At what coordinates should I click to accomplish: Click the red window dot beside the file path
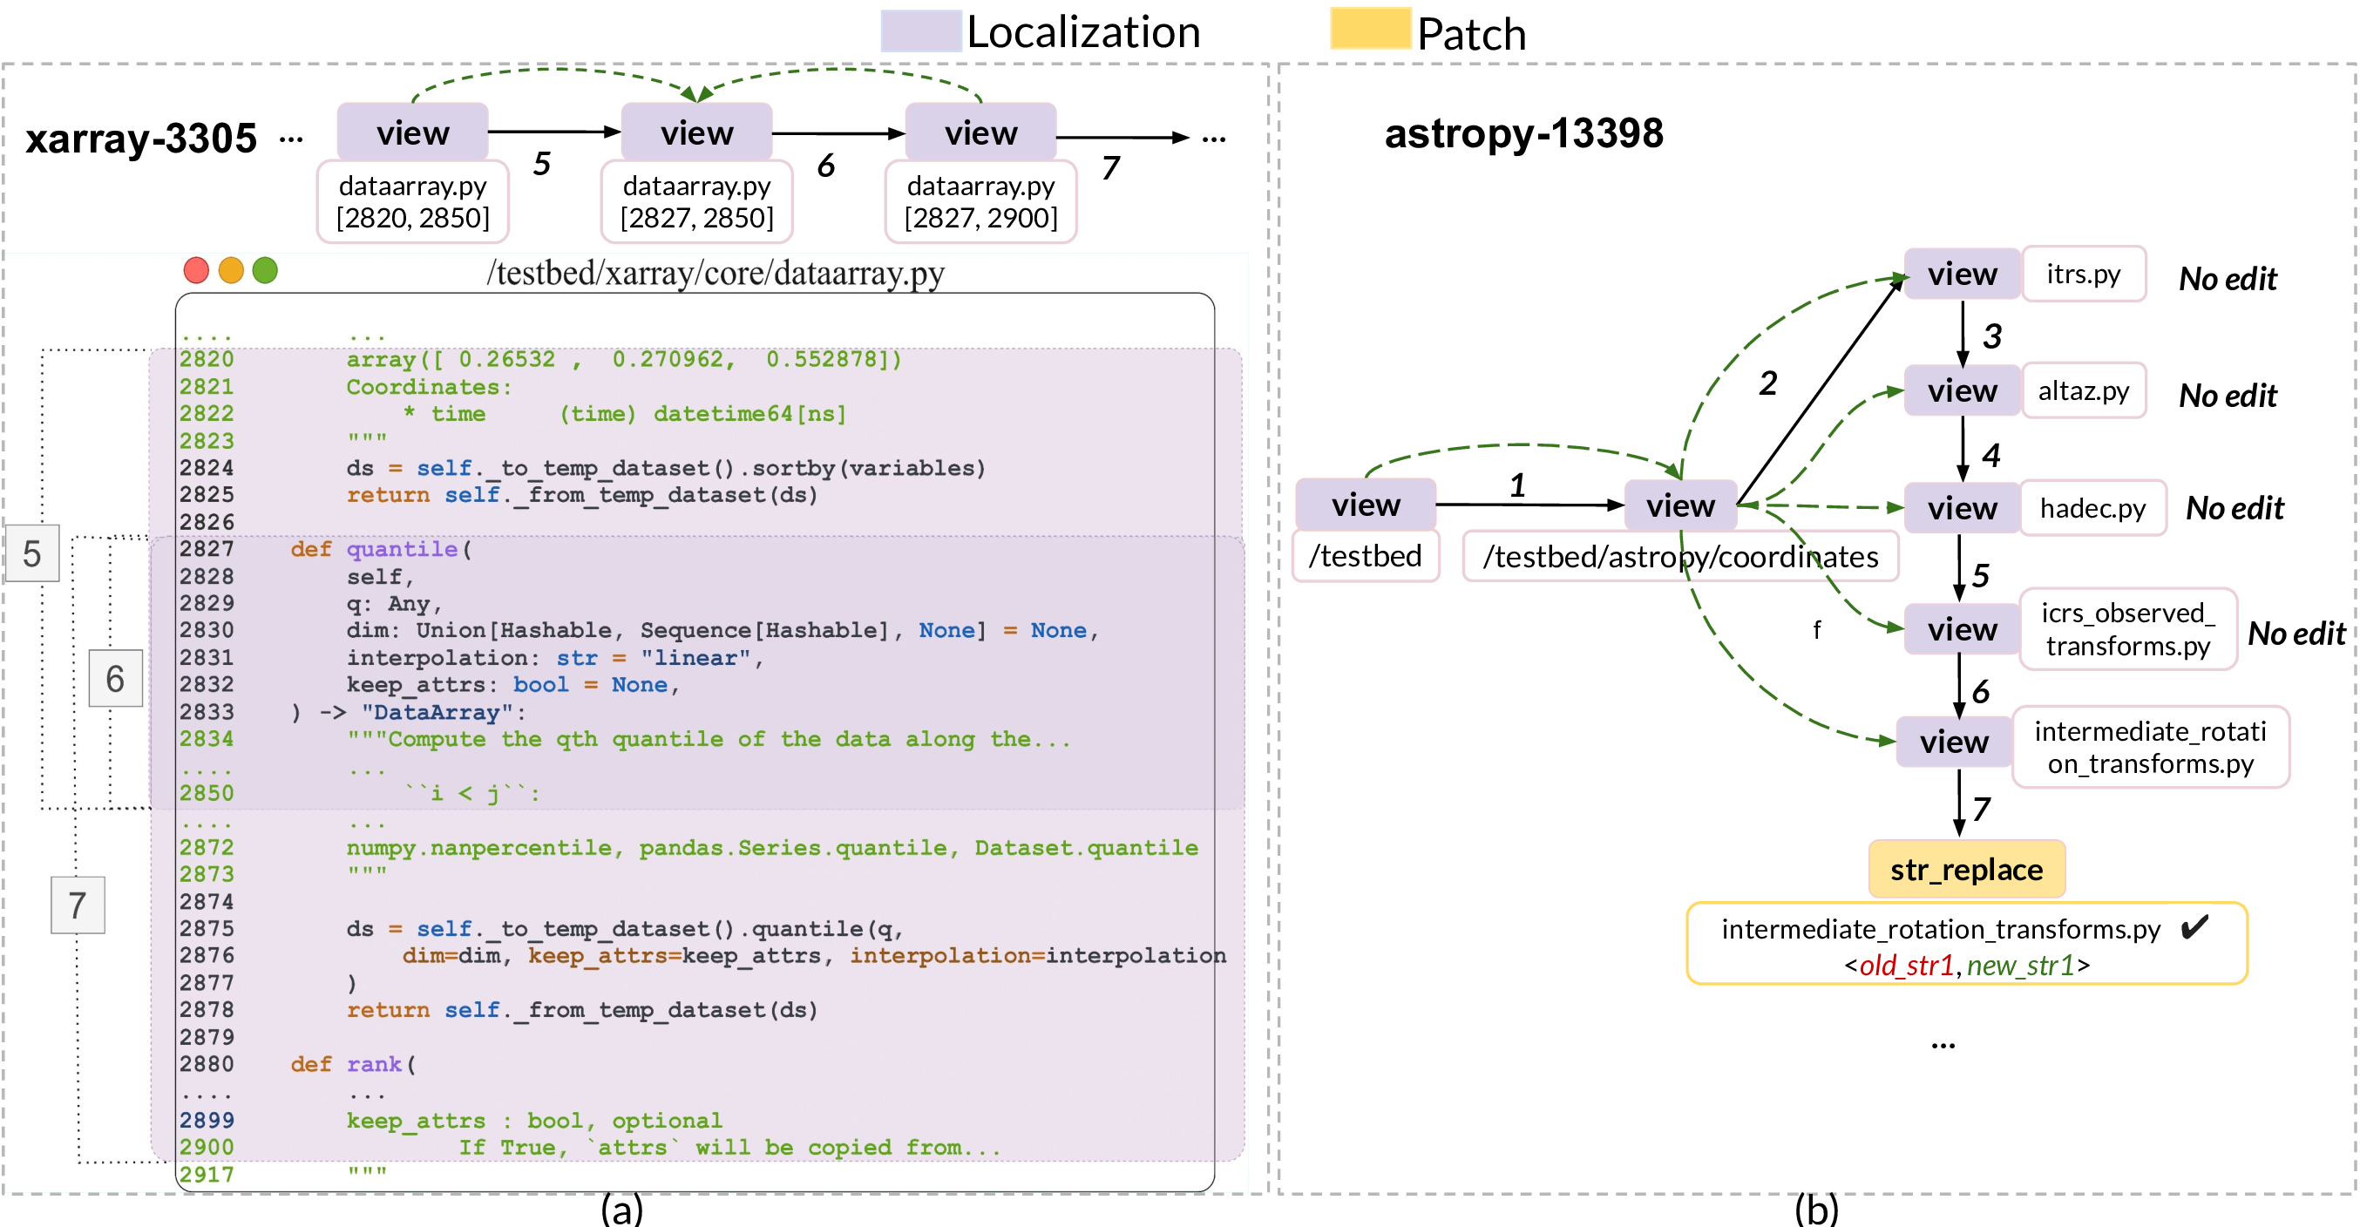196,270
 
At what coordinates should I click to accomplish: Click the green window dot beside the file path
265,270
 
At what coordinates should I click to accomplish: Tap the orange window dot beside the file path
231,270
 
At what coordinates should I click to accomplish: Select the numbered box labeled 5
32,553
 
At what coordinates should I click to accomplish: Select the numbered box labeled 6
115,678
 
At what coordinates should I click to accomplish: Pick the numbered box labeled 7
78,905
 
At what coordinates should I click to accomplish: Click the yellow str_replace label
1966,869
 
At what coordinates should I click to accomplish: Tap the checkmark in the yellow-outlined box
2191,926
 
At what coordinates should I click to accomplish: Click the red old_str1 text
1906,966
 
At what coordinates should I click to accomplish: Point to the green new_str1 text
2019,966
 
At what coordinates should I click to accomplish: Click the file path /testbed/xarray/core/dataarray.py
715,273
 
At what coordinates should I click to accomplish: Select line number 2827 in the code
207,549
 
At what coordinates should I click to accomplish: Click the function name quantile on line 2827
401,549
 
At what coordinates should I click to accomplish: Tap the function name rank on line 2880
374,1064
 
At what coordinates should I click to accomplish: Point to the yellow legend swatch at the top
1371,29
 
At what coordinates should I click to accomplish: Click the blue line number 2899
207,1120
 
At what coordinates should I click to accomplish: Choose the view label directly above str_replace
1953,742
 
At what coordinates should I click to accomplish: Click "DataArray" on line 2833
437,712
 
